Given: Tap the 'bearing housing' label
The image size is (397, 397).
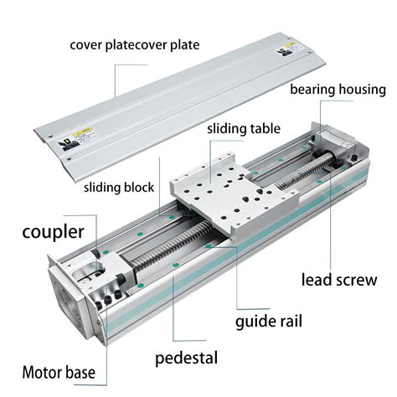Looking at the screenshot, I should pos(338,90).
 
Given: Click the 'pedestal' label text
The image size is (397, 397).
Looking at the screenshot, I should pos(186,358).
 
